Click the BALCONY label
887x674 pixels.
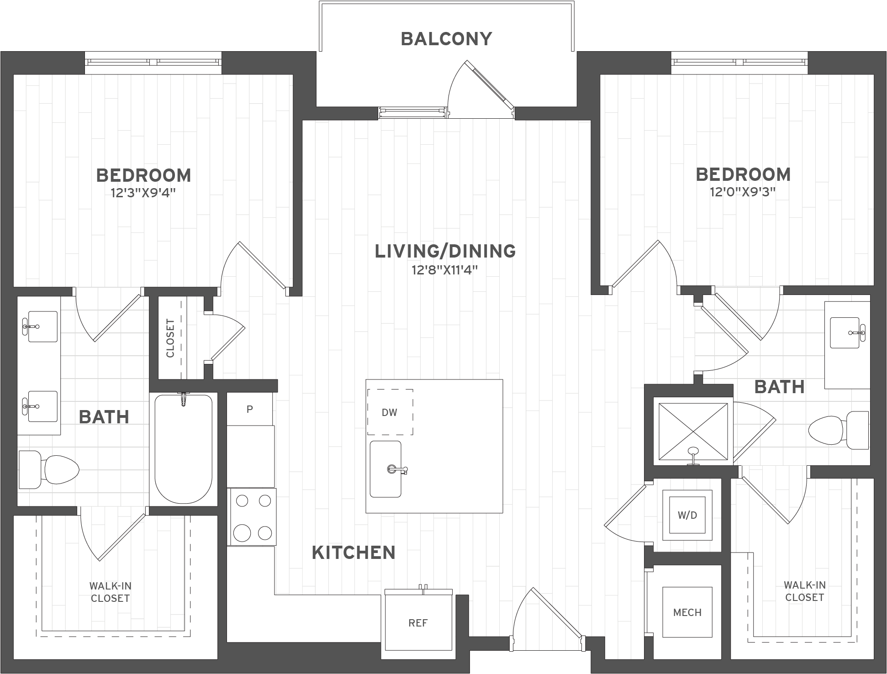(446, 39)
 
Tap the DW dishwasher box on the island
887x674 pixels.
(390, 412)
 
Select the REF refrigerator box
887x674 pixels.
(418, 623)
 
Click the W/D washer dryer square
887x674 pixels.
(687, 515)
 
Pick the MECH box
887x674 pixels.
(687, 612)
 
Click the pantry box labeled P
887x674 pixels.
(249, 409)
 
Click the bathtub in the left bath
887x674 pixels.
(183, 449)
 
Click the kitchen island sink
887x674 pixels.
(385, 469)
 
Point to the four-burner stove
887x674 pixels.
(253, 516)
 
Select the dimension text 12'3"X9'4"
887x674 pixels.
(143, 193)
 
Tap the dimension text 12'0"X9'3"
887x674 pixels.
(743, 192)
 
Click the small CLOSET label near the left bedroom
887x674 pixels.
(170, 338)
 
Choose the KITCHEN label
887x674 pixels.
(354, 553)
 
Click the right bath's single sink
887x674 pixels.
(847, 331)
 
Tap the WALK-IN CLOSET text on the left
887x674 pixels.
(110, 592)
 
